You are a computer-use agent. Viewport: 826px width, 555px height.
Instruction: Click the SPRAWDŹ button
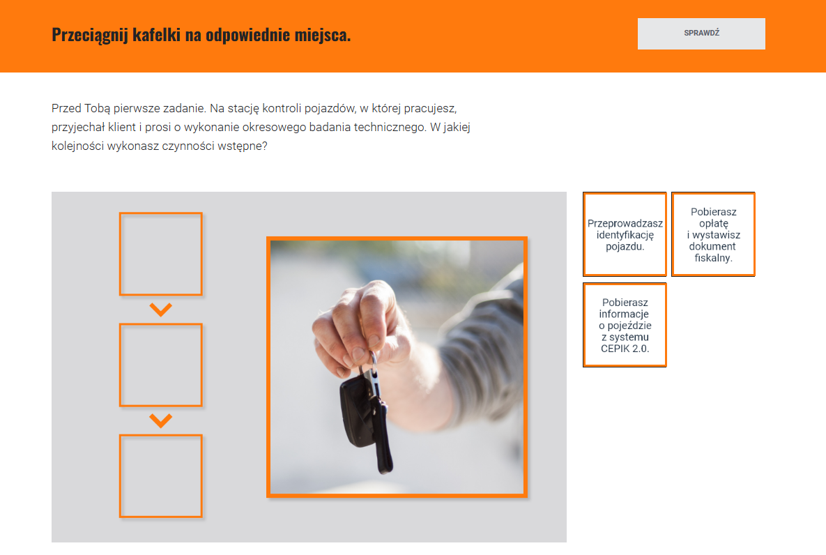[x=701, y=33]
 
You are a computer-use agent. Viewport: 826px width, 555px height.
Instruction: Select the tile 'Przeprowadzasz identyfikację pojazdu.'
[x=625, y=234]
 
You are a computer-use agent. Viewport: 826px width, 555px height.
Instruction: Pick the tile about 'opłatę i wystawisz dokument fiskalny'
[x=713, y=234]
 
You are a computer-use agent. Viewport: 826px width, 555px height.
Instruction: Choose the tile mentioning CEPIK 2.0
[x=625, y=325]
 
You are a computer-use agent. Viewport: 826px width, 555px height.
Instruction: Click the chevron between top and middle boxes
[x=161, y=310]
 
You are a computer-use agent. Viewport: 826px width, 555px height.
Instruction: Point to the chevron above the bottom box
[x=161, y=420]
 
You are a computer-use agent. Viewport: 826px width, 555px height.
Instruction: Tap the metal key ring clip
[x=374, y=374]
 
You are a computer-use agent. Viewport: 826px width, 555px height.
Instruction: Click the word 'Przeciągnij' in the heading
[x=90, y=35]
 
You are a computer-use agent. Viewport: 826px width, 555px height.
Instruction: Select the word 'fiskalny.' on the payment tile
[x=713, y=258]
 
